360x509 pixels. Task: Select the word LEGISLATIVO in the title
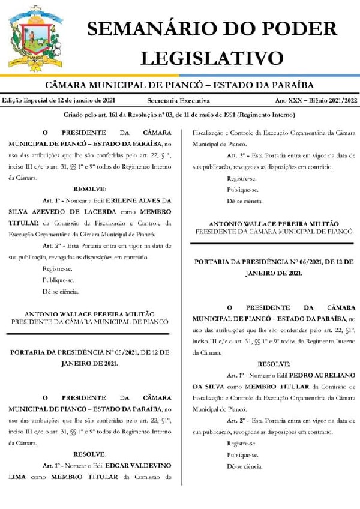[x=211, y=57]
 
